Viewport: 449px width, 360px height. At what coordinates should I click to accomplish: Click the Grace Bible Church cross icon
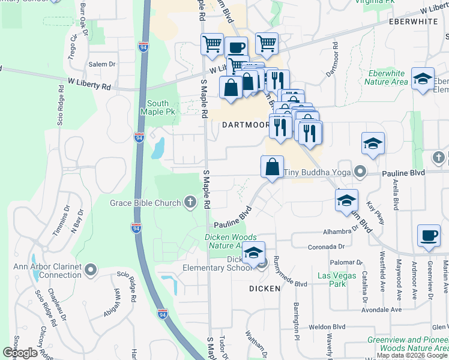pyautogui.click(x=190, y=203)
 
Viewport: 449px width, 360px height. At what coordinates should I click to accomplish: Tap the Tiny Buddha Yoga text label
pyautogui.click(x=316, y=173)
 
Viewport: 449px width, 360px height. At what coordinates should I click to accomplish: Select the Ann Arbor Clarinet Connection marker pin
pyautogui.click(x=91, y=270)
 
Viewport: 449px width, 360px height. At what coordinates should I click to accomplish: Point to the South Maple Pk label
pyautogui.click(x=158, y=107)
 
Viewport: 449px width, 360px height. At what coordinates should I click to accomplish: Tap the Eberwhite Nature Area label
pyautogui.click(x=387, y=77)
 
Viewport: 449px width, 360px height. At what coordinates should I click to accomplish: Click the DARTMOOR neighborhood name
pyautogui.click(x=246, y=125)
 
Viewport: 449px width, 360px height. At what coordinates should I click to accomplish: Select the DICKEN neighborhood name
pyautogui.click(x=265, y=289)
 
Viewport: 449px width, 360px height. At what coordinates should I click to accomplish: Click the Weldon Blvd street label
pyautogui.click(x=327, y=327)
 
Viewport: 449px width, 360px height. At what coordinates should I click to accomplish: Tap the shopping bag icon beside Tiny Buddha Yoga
pyautogui.click(x=273, y=167)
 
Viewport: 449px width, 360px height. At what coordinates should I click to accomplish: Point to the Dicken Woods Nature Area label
pyautogui.click(x=231, y=241)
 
